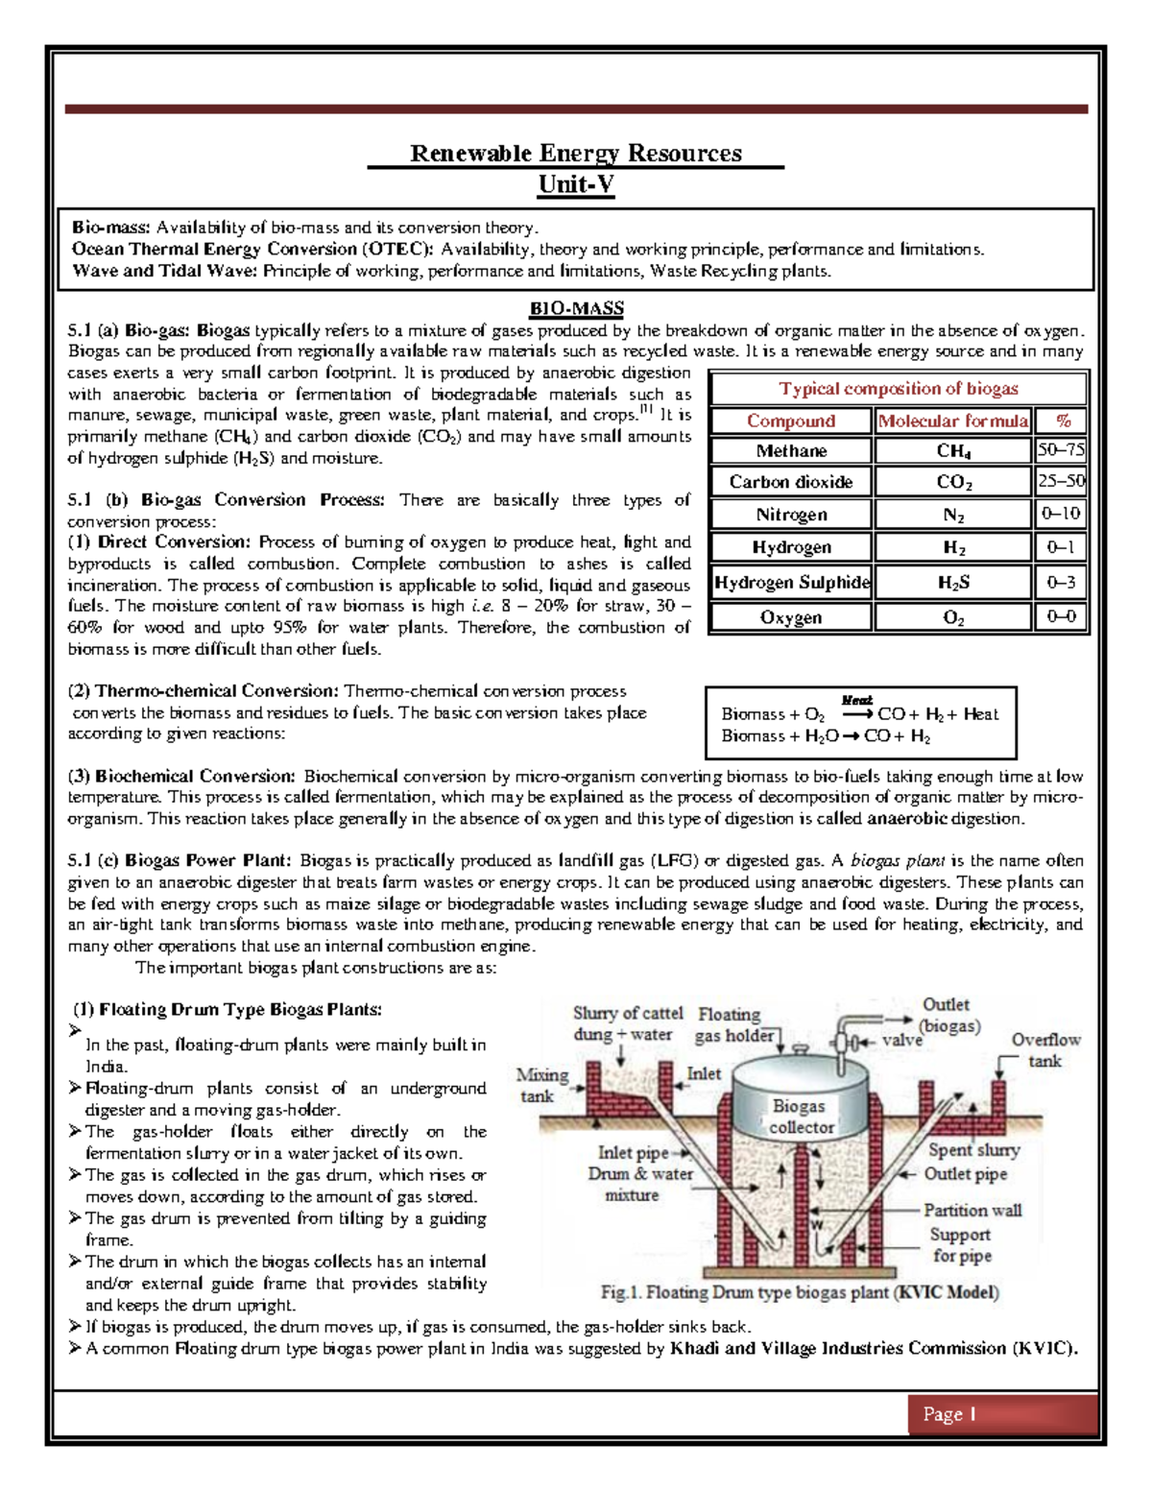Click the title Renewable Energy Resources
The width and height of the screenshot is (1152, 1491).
(576, 154)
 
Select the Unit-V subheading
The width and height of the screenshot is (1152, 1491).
(576, 184)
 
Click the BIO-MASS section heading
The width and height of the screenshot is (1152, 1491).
(576, 309)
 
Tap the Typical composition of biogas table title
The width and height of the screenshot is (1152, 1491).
(898, 389)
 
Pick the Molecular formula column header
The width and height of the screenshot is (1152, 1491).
(952, 421)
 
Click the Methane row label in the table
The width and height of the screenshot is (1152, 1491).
(791, 451)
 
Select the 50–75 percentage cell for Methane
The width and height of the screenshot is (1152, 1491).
(1061, 450)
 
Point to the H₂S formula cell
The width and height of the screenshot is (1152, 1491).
(952, 583)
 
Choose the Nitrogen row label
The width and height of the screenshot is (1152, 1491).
(791, 515)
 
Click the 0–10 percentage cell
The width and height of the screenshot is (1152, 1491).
(1061, 514)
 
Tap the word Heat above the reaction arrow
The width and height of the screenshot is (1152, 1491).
(856, 701)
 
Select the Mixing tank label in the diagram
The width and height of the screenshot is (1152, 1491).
(542, 1085)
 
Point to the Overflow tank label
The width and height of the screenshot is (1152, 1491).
(1045, 1050)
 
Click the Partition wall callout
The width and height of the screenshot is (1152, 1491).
(972, 1211)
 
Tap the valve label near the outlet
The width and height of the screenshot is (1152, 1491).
(901, 1040)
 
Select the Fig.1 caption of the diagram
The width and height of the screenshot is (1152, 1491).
(800, 1292)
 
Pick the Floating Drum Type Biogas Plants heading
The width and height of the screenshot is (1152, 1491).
(228, 1010)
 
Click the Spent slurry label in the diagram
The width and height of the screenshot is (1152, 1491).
(973, 1150)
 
